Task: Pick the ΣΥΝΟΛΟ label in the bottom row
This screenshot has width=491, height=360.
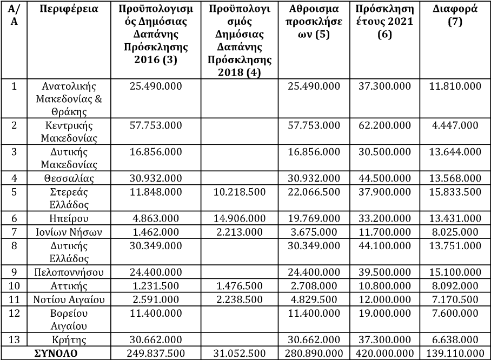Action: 56,354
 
